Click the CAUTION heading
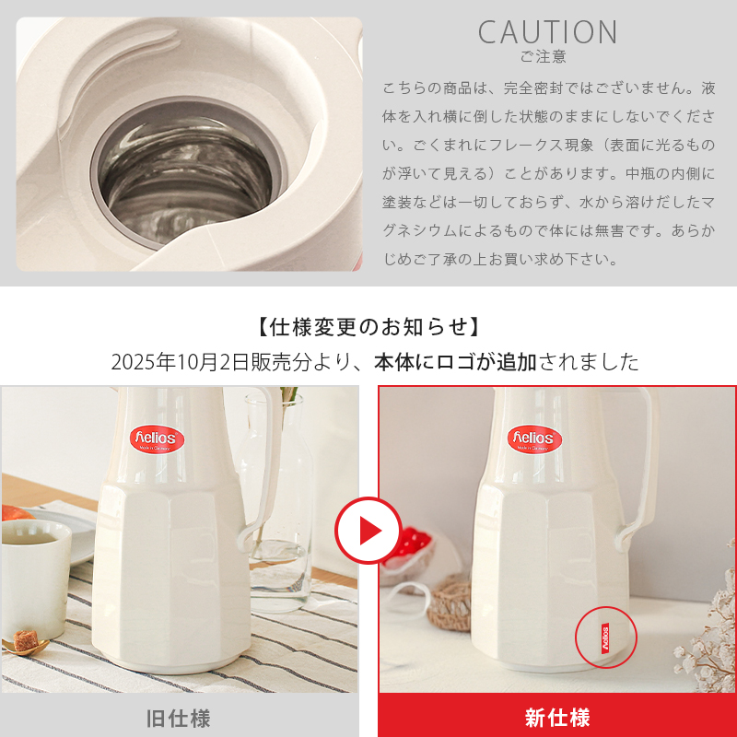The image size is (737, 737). [x=547, y=32]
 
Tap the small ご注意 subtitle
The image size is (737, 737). [x=543, y=57]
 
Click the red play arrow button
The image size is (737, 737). [x=368, y=530]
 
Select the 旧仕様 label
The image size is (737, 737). [x=179, y=717]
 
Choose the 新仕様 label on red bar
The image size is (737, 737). [x=557, y=717]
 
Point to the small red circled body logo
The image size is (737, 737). [x=605, y=637]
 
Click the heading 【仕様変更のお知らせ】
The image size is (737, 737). [x=368, y=327]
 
